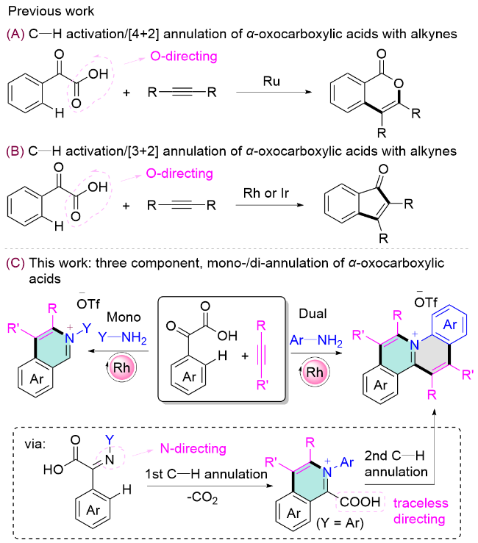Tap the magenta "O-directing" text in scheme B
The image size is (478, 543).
coord(175,174)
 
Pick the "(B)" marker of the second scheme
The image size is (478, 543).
coord(15,151)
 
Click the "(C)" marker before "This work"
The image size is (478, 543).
coord(15,262)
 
